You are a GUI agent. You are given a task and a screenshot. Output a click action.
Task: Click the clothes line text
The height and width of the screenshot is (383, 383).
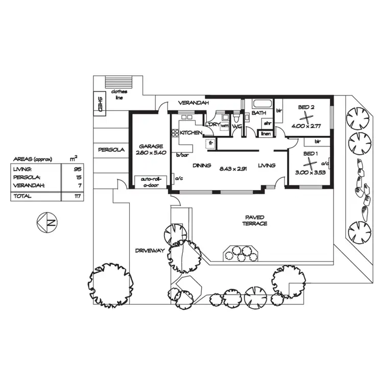(x=118, y=95)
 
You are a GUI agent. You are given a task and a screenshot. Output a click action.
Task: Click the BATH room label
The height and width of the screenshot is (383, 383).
(x=259, y=113)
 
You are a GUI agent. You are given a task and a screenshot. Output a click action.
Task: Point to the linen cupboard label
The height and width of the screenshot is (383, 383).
(x=265, y=134)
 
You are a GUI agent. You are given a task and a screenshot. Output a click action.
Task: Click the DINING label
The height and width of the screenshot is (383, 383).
(x=202, y=165)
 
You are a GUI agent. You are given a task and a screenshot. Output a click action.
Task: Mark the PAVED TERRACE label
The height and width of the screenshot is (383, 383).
(x=255, y=221)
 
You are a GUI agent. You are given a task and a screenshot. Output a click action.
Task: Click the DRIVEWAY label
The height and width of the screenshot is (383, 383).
(x=150, y=251)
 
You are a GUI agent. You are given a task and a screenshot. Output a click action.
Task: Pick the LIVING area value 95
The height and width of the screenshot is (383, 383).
(x=78, y=169)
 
